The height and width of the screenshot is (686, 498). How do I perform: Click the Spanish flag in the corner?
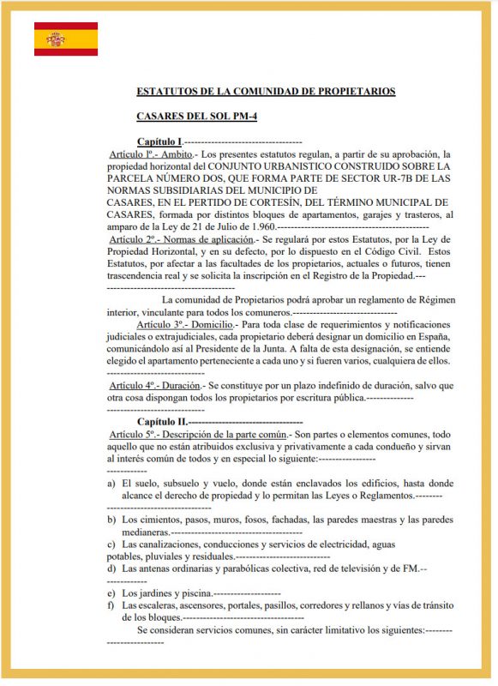66,39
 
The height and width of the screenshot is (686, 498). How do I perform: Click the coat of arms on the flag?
57,39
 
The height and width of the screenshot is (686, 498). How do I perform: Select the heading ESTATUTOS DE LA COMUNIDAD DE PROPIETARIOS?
266,91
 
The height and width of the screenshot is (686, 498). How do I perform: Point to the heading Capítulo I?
159,141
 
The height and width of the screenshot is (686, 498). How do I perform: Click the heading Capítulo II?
161,423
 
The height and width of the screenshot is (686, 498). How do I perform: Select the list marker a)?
112,484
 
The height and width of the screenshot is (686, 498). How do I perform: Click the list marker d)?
112,569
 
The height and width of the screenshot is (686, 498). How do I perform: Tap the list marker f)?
111,605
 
